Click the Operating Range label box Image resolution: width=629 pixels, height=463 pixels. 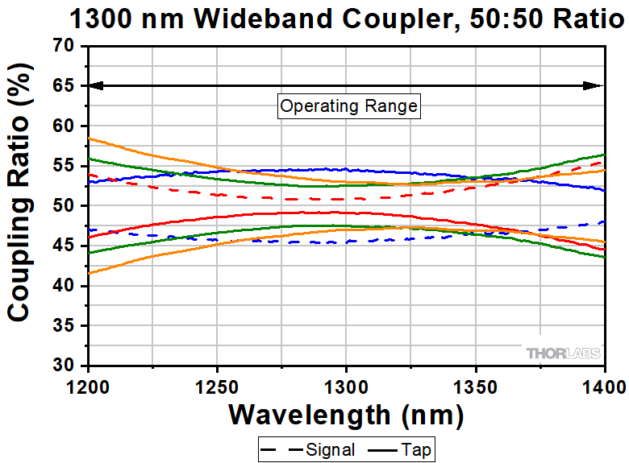tap(348, 105)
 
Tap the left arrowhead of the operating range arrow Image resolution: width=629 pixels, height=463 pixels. tap(94, 85)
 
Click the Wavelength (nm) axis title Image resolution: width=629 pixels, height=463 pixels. tap(346, 415)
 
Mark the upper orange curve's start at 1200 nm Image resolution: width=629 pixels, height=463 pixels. tap(90, 138)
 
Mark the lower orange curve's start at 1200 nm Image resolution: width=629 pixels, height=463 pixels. tap(90, 274)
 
